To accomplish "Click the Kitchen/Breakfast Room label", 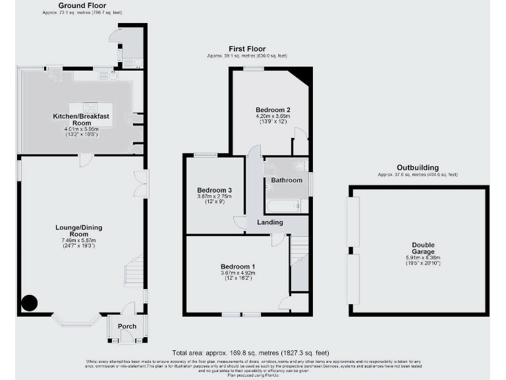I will pyautogui.click(x=81, y=119).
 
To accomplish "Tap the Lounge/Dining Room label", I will pyautogui.click(x=78, y=231).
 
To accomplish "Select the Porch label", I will pyautogui.click(x=126, y=327).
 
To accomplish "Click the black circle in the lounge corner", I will pyautogui.click(x=29, y=303).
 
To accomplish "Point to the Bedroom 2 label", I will pyautogui.click(x=273, y=110).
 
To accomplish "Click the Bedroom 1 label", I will pyautogui.click(x=237, y=267).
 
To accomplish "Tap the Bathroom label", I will pyautogui.click(x=286, y=180).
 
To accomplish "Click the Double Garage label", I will pyautogui.click(x=419, y=249).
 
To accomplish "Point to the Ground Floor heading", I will pyautogui.click(x=84, y=5).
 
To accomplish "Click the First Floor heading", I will pyautogui.click(x=246, y=49).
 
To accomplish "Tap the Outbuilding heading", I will pyautogui.click(x=417, y=168).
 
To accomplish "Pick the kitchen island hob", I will pyautogui.click(x=90, y=107).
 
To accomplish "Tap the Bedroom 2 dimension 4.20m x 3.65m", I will pyautogui.click(x=273, y=117).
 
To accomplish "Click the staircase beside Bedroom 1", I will pyautogui.click(x=300, y=264).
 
